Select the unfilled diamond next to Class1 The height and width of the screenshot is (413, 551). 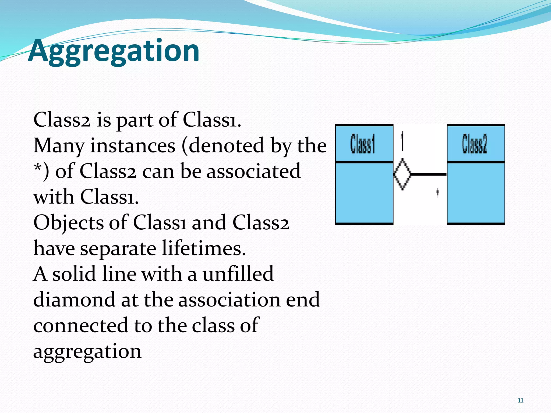402,174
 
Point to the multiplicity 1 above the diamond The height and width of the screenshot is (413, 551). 402,140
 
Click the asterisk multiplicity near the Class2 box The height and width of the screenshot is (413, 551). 437,192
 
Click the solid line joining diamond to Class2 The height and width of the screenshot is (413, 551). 429,175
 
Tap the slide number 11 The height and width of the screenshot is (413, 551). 520,400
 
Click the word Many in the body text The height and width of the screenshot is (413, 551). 59,146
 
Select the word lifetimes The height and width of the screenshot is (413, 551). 204,248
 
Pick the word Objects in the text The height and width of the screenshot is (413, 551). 68,223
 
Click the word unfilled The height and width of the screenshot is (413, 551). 238,274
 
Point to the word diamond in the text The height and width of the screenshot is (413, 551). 74,300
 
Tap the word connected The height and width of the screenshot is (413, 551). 80,325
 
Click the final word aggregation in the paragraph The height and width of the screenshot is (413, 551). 87,351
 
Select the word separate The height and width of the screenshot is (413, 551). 118,248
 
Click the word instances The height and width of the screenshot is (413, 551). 133,146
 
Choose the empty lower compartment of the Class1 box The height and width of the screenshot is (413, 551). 364,193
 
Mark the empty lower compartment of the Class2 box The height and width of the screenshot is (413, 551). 476,193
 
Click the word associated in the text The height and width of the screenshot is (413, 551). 253,171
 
